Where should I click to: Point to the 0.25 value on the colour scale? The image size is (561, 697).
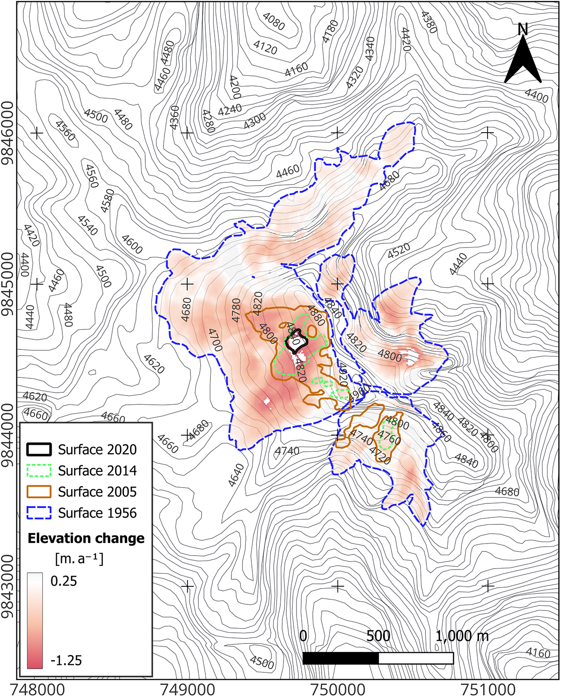(x=64, y=581)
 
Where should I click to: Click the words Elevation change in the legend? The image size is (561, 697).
(x=86, y=538)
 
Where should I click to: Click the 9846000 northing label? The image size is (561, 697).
(x=8, y=134)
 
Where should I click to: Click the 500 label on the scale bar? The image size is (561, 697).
(x=378, y=636)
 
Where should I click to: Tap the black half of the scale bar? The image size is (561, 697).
(x=340, y=658)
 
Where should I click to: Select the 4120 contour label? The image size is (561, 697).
(x=265, y=47)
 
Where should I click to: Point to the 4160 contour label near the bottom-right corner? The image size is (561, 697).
(x=538, y=653)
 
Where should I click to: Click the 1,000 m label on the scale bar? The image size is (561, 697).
(x=462, y=636)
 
